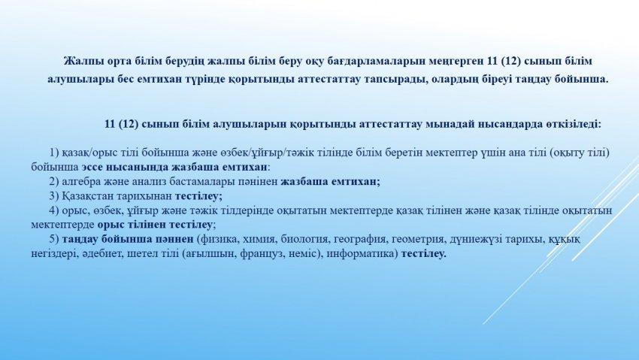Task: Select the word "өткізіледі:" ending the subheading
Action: (574, 124)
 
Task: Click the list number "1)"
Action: (54, 153)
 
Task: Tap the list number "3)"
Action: (54, 196)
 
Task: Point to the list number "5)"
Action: (54, 239)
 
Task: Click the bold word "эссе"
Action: (92, 167)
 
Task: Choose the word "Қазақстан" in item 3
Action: (88, 196)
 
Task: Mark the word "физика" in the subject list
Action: (216, 239)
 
